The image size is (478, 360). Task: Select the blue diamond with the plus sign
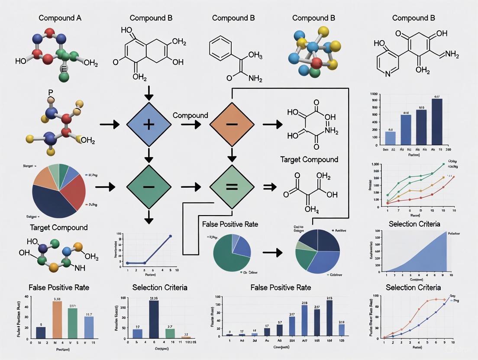tap(149, 125)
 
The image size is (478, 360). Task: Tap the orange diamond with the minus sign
tap(232, 125)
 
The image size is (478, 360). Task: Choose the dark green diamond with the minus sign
tap(149, 187)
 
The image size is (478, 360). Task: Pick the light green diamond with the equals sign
tap(232, 187)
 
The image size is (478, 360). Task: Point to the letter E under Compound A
tap(63, 69)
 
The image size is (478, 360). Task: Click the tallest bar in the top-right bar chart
tap(437, 122)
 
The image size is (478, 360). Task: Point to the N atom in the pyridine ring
tap(388, 74)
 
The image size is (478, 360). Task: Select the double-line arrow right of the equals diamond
tap(270, 187)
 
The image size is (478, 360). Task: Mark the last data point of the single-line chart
tap(170, 236)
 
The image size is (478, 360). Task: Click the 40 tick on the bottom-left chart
tap(26, 296)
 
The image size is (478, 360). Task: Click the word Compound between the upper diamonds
tap(190, 116)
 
